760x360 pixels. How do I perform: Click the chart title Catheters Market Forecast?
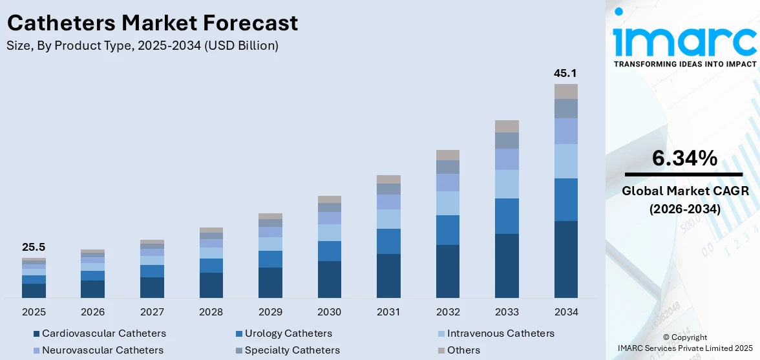[x=153, y=23]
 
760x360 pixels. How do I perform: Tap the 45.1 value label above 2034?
[x=565, y=73]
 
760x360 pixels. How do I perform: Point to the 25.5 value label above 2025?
[x=34, y=247]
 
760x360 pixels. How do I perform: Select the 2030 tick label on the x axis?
[x=330, y=312]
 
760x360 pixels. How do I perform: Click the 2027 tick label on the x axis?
[x=152, y=312]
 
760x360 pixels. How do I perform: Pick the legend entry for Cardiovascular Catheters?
[x=103, y=334]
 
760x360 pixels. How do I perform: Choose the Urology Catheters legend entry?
[x=288, y=334]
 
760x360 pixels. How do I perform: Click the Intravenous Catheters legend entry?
[x=500, y=334]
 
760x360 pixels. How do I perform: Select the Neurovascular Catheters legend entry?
[x=102, y=350]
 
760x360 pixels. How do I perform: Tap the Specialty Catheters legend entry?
[x=291, y=350]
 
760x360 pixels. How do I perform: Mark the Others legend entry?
[x=463, y=350]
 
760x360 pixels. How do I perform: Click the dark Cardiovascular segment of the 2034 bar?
[x=565, y=259]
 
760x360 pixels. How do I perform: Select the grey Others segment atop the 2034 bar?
[x=565, y=91]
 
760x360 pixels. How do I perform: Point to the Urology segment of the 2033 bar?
[x=507, y=216]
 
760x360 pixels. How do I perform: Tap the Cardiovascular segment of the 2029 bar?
[x=270, y=282]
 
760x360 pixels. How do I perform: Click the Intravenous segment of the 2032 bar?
[x=448, y=203]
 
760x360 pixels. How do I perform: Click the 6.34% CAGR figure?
[x=684, y=158]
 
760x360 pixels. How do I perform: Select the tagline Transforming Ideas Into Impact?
[x=684, y=64]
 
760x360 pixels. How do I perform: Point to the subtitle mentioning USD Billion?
[x=143, y=45]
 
